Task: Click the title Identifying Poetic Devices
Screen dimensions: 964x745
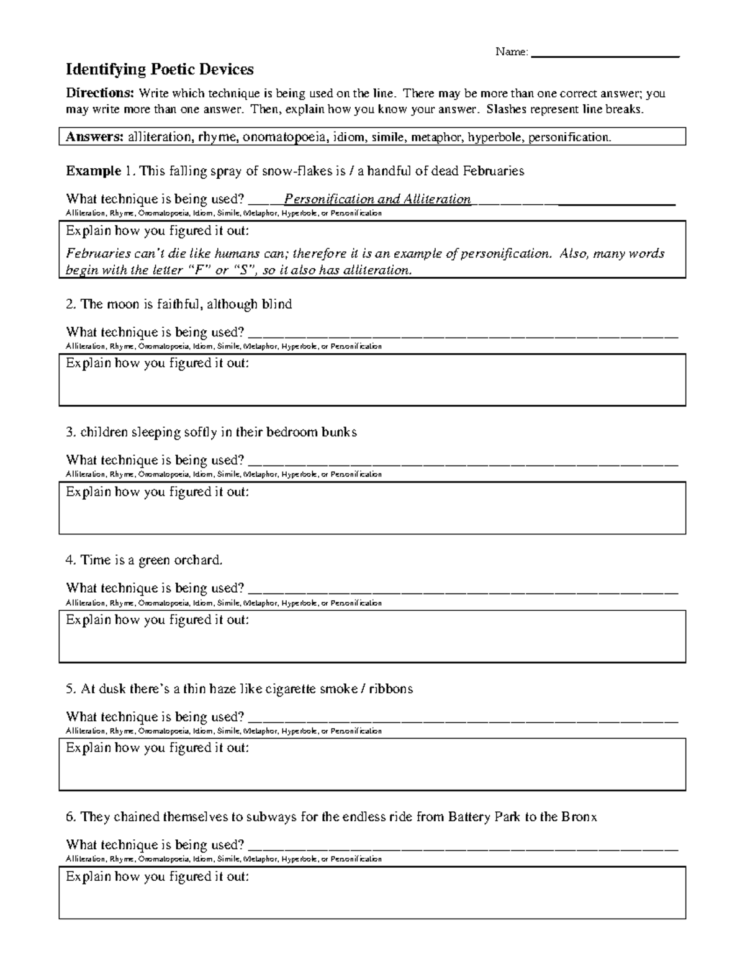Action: coord(160,69)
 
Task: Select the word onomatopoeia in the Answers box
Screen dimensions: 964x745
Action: coord(284,137)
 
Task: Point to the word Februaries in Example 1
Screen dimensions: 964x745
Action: coord(490,171)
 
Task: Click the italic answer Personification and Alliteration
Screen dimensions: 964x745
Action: coord(377,199)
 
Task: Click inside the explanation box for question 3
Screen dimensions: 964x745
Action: coord(372,515)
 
